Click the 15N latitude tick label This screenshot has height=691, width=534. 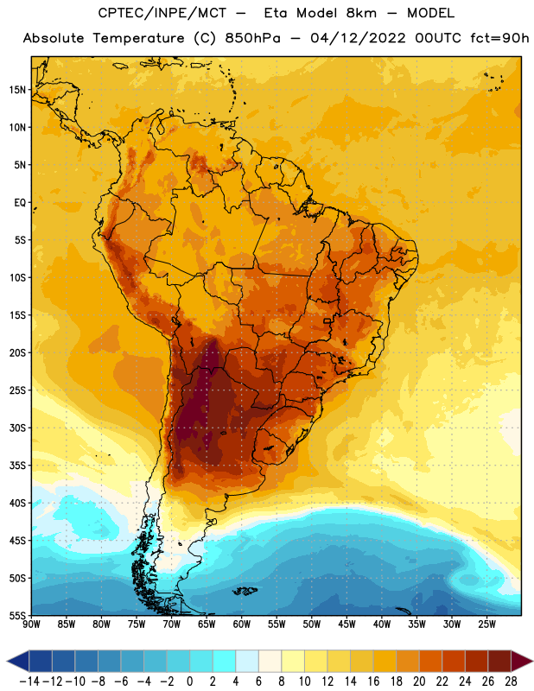click(x=17, y=90)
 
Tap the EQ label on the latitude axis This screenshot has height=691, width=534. click(x=20, y=203)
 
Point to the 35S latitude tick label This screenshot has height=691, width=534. click(x=17, y=466)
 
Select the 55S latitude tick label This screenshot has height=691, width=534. click(x=17, y=616)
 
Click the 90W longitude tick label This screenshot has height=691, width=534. click(x=32, y=624)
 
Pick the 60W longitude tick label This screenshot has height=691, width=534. click(x=242, y=624)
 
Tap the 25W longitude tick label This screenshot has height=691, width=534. click(x=486, y=624)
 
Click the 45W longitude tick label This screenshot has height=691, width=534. click(x=346, y=624)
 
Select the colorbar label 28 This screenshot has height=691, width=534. click(x=511, y=681)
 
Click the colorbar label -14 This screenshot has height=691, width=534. click(x=29, y=681)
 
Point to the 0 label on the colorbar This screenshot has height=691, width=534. click(x=189, y=681)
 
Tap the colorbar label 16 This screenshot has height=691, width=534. click(x=373, y=681)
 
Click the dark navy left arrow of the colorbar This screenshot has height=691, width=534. click(x=17, y=661)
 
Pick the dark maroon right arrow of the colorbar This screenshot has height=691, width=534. click(x=522, y=661)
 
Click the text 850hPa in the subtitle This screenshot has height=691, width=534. click(x=252, y=38)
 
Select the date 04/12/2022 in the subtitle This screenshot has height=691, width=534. click(x=358, y=38)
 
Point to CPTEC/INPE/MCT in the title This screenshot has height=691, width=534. click(x=162, y=13)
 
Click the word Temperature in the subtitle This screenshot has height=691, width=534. click(x=138, y=38)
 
